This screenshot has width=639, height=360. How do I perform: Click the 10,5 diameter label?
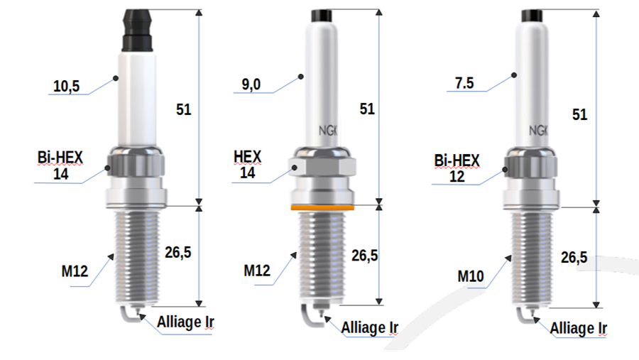pyautogui.click(x=67, y=86)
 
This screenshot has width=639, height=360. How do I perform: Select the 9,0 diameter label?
pyautogui.click(x=251, y=84)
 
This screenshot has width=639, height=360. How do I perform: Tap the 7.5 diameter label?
pyautogui.click(x=464, y=83)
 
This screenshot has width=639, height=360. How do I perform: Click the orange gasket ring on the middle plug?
pyautogui.click(x=322, y=207)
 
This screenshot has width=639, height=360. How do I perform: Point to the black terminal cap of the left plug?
pyautogui.click(x=138, y=31)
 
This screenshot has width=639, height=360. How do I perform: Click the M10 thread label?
pyautogui.click(x=471, y=276)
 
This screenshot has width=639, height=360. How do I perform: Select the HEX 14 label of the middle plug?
pyautogui.click(x=247, y=164)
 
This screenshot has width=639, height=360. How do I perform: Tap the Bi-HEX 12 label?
pyautogui.click(x=457, y=168)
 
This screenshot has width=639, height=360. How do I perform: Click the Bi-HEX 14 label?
pyautogui.click(x=60, y=165)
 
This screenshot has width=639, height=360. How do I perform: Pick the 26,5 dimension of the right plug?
pyautogui.click(x=574, y=257)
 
